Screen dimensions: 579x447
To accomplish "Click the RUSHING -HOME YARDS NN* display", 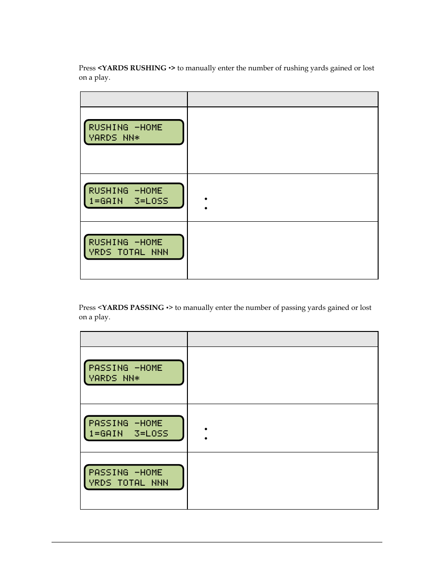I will pos(134,132).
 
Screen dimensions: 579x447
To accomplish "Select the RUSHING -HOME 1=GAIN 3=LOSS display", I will pos(134,196).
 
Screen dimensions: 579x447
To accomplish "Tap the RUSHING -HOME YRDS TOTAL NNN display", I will pos(134,247).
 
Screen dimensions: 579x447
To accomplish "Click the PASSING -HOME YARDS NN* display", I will pos(134,373).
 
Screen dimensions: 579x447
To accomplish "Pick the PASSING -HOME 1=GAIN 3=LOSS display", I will pos(134,428).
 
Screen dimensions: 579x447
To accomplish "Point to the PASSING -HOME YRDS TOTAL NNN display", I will pos(134,477).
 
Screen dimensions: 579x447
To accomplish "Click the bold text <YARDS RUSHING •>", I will pos(136,68).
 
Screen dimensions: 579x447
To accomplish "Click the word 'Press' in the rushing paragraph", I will pos(87,68).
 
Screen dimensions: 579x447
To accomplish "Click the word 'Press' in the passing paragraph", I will pos(87,308).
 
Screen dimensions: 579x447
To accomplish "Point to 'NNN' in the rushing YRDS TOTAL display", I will pos(160,252).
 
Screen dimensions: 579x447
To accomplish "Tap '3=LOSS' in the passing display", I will pos(151,434).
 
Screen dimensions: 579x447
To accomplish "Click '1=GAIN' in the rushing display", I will pos(106,201).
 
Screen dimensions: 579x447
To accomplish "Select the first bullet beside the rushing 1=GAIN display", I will pos(206,199).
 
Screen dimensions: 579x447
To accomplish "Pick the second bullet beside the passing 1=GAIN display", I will pos(206,438).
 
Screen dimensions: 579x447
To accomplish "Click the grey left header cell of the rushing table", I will pos(134,99).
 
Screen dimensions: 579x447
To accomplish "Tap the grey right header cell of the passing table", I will pos(283,339).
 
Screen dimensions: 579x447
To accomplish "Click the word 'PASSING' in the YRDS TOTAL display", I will pos(108,473).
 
